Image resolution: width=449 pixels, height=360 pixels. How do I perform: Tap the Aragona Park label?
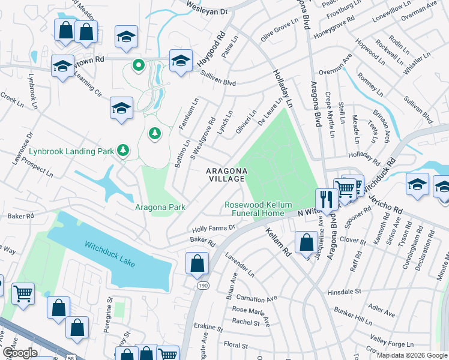click(x=160, y=207)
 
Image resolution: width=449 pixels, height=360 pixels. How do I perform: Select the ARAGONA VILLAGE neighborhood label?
click(x=226, y=175)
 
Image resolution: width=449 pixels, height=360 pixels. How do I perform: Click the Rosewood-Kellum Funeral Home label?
click(x=254, y=209)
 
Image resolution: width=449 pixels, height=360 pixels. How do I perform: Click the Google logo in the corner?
click(x=20, y=353)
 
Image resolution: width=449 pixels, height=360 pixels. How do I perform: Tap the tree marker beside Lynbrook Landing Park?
click(x=123, y=149)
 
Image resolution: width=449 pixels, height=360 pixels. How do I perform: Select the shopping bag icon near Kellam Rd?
click(x=306, y=242)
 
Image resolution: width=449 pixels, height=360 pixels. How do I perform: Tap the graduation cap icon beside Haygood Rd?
click(x=180, y=60)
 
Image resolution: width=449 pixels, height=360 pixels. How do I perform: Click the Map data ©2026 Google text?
click(x=411, y=355)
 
